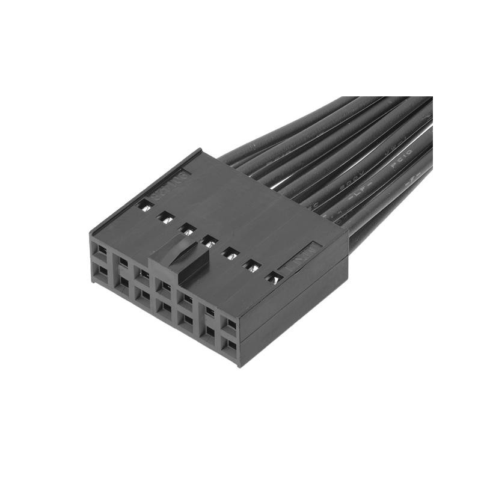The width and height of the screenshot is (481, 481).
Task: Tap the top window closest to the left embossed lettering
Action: [146, 206]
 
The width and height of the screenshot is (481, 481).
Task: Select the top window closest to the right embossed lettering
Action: [274, 278]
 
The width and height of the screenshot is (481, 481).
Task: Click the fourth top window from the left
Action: [209, 242]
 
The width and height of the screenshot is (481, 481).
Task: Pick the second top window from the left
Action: [166, 217]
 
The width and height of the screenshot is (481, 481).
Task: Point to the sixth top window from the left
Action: [253, 265]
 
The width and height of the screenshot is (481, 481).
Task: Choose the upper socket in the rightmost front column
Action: [231, 325]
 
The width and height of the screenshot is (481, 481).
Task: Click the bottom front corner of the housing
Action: [240, 364]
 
